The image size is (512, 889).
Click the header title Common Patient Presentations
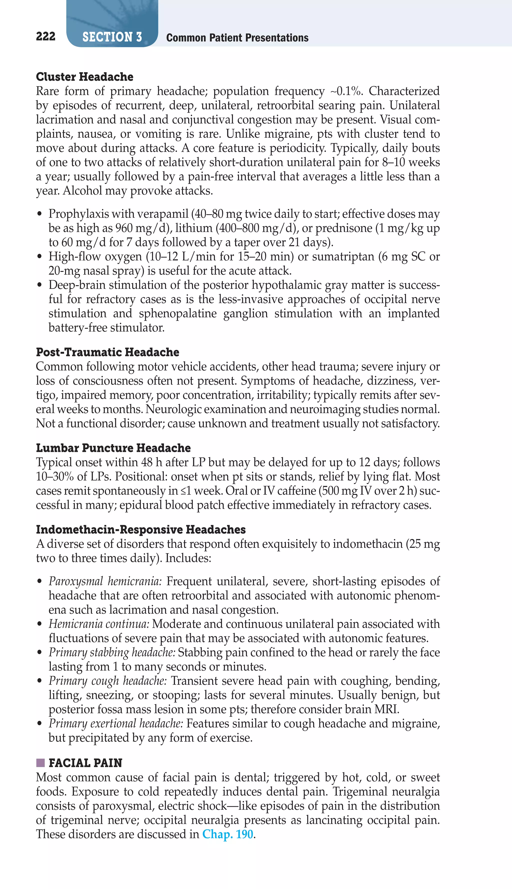tap(237, 37)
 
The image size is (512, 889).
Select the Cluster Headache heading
tap(84, 77)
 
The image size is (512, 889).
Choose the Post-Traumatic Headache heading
tap(107, 352)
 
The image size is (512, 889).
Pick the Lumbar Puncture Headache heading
tap(113, 448)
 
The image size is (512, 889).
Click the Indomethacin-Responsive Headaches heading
tap(141, 529)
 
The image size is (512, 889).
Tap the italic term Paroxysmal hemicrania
tap(105, 581)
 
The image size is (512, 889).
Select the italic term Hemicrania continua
tap(99, 624)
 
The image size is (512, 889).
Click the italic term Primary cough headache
tap(107, 681)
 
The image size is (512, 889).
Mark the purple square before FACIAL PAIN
tap(40, 763)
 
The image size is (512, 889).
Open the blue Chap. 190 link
tap(227, 834)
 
